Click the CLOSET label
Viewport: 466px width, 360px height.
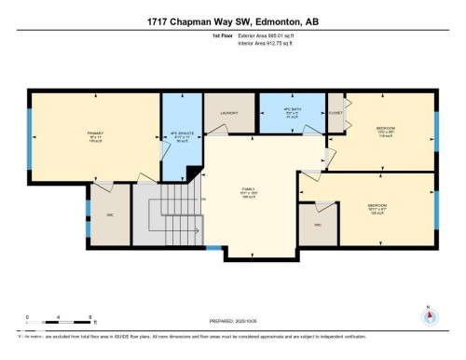tap(336, 114)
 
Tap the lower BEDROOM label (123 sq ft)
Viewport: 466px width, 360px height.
tap(377, 206)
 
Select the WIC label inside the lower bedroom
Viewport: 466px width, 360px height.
tap(317, 226)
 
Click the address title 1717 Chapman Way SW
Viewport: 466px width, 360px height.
tap(233, 21)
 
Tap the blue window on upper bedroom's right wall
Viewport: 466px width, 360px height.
tap(435, 125)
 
